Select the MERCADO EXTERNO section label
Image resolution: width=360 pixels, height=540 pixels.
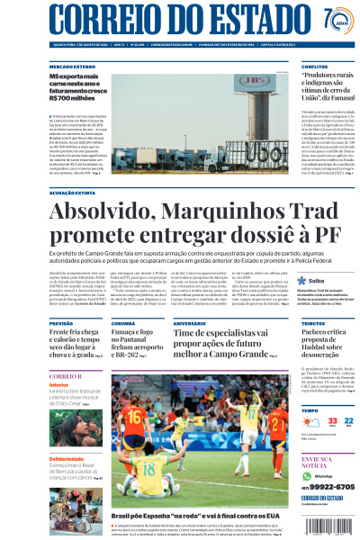pos(73,67)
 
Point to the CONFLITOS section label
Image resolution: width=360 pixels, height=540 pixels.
pos(314,67)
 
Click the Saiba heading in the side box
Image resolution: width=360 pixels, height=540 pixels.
pos(316,281)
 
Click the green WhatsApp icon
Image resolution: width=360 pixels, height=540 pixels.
pos(306,474)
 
